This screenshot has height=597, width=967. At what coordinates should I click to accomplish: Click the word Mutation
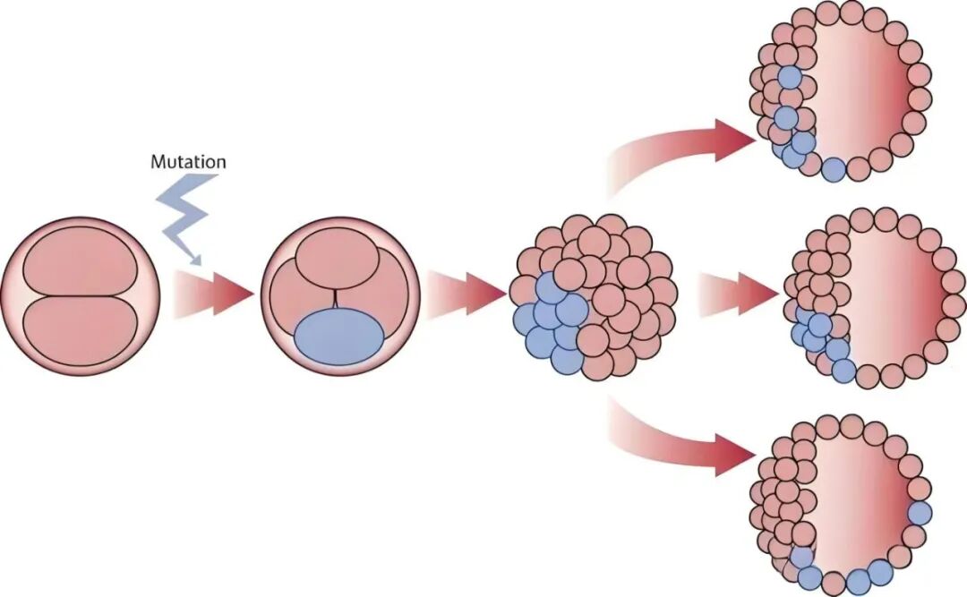tap(188, 162)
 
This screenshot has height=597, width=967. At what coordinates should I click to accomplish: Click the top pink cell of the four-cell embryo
tap(338, 259)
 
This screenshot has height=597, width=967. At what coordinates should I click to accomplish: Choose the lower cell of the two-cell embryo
tap(80, 332)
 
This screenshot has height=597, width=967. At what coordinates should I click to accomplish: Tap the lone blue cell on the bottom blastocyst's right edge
tap(920, 514)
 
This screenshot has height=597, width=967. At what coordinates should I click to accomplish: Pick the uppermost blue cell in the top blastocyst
tap(790, 78)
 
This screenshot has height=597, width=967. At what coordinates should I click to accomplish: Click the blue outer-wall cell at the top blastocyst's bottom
tap(834, 169)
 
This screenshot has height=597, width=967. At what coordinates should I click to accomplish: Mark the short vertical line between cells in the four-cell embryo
tap(336, 299)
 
